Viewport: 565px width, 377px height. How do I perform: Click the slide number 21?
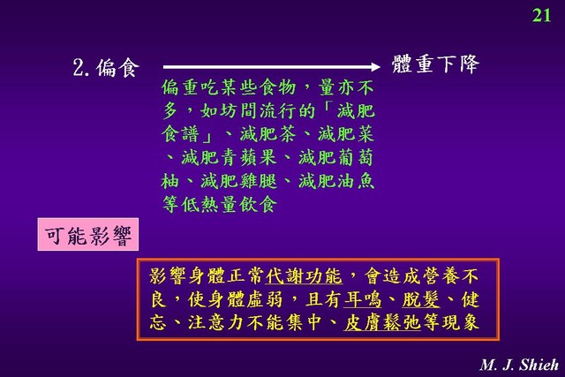[x=541, y=16]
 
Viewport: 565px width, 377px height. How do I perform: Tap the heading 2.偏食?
[x=106, y=67]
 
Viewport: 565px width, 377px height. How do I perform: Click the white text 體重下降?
[x=435, y=64]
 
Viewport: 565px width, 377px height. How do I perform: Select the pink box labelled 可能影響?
[x=88, y=234]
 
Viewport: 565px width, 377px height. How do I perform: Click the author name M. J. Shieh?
[x=519, y=365]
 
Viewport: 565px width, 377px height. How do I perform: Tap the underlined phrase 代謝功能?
[x=304, y=276]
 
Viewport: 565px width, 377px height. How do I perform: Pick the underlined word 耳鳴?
[x=363, y=299]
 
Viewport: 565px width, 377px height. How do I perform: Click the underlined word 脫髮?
[x=421, y=299]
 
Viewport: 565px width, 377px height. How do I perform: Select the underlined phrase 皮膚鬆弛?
[x=382, y=322]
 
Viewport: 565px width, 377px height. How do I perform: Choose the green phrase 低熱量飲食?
[x=230, y=205]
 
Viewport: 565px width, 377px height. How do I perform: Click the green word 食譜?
[x=180, y=134]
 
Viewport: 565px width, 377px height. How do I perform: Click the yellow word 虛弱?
[x=265, y=299]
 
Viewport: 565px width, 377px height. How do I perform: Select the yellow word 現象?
[x=460, y=322]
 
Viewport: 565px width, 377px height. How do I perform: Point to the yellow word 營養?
[x=441, y=276]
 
